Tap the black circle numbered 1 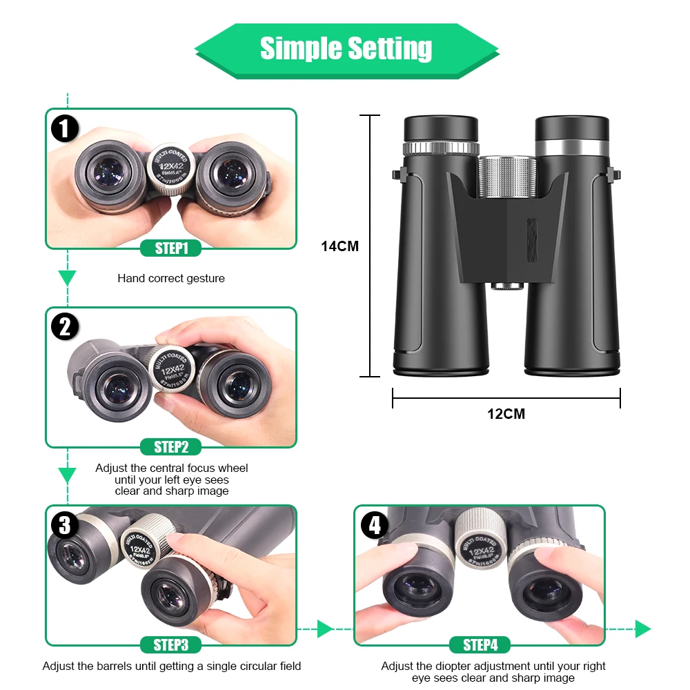(65, 128)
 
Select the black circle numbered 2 (65, 326)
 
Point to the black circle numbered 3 (65, 526)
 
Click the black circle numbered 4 (375, 526)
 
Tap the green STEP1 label (171, 248)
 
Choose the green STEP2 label (171, 447)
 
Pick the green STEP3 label (171, 645)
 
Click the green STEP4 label (480, 645)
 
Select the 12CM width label (506, 414)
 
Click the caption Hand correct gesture (171, 279)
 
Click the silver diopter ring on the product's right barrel (572, 148)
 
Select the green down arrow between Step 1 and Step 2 (67, 278)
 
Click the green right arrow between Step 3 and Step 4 (325, 629)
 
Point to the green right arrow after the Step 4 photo (642, 629)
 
